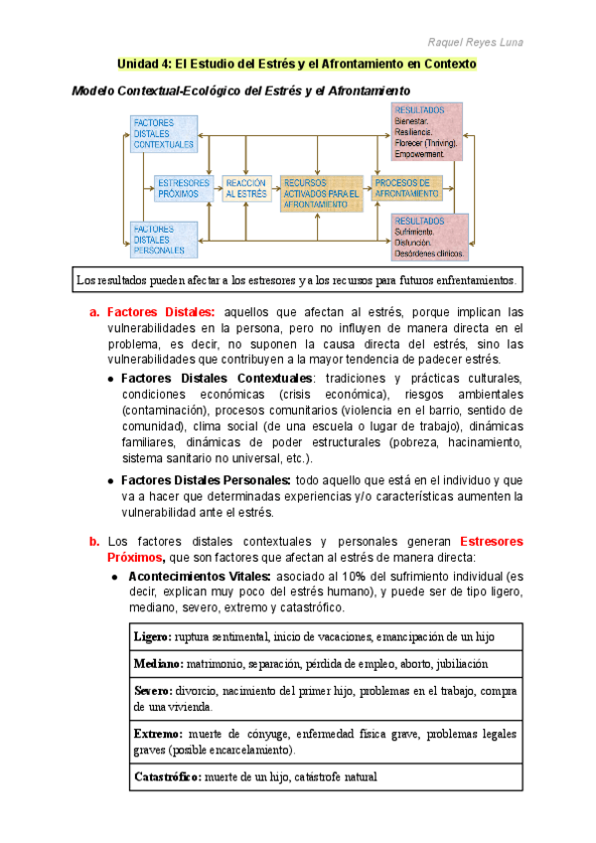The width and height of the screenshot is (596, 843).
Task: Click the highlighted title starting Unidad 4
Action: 297,65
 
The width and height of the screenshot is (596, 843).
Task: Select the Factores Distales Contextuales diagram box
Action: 164,133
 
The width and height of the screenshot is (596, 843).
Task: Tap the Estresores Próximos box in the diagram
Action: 184,188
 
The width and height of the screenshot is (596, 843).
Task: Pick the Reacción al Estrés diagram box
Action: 246,188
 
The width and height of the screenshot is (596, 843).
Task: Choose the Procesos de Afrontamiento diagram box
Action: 407,188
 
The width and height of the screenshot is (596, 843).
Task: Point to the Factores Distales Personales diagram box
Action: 164,240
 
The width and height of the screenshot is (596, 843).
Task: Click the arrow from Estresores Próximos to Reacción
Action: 219,189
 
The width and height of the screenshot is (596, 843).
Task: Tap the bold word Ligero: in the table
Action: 152,636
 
